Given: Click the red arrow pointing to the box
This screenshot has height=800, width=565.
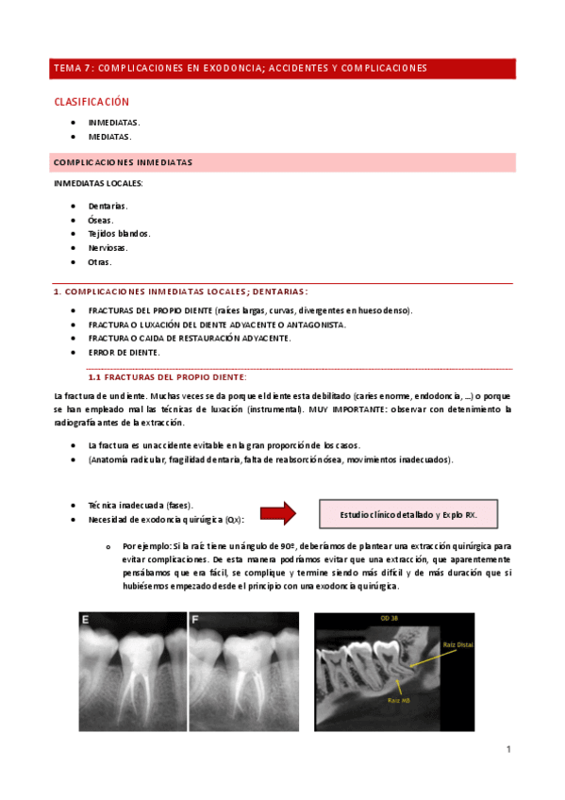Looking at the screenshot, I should pos(278,514).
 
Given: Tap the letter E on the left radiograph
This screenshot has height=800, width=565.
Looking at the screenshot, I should pos(87,621).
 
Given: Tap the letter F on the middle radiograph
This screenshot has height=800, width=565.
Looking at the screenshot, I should pos(195,621).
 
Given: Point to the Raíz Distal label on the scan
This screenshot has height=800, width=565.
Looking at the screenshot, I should pos(457,645).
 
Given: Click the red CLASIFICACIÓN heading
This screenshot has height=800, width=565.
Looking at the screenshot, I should pos(91,102).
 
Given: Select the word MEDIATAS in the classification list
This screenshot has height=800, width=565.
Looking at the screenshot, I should pos(109,137).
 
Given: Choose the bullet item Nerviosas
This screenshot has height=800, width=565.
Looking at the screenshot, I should pos(108,247).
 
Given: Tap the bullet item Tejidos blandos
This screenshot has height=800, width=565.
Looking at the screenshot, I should pos(119,233).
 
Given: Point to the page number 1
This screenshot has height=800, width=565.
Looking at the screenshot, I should pos(508,749).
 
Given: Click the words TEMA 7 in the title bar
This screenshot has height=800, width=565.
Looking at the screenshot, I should pos(73,68).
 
